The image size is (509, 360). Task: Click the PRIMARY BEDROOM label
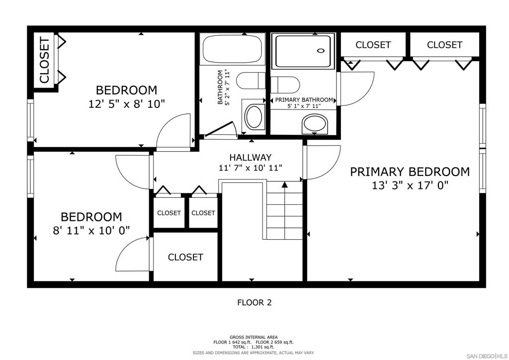pyautogui.click(x=410, y=172)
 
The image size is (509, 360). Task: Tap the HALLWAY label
pyautogui.click(x=251, y=158)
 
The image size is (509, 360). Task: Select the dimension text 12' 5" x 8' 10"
pyautogui.click(x=127, y=104)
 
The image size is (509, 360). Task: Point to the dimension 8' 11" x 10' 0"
pyautogui.click(x=91, y=231)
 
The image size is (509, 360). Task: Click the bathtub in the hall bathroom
pyautogui.click(x=232, y=49)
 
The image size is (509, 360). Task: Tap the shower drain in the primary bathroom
pyautogui.click(x=321, y=50)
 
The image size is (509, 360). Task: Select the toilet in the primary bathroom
pyautogui.click(x=285, y=85)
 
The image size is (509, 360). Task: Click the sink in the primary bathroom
pyautogui.click(x=315, y=124)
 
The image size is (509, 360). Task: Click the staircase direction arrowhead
pyautogui.click(x=285, y=184)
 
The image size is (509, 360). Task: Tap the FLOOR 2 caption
pyautogui.click(x=254, y=302)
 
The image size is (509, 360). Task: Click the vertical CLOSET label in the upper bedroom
pyautogui.click(x=44, y=60)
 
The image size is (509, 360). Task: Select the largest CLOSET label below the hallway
pyautogui.click(x=185, y=257)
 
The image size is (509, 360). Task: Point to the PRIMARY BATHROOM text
pyautogui.click(x=304, y=99)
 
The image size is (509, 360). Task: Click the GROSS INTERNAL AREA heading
pyautogui.click(x=254, y=337)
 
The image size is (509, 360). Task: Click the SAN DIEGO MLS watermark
pyautogui.click(x=487, y=356)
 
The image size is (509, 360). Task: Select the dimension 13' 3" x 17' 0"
pyautogui.click(x=410, y=185)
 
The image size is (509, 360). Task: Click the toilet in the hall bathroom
pyautogui.click(x=251, y=81)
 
